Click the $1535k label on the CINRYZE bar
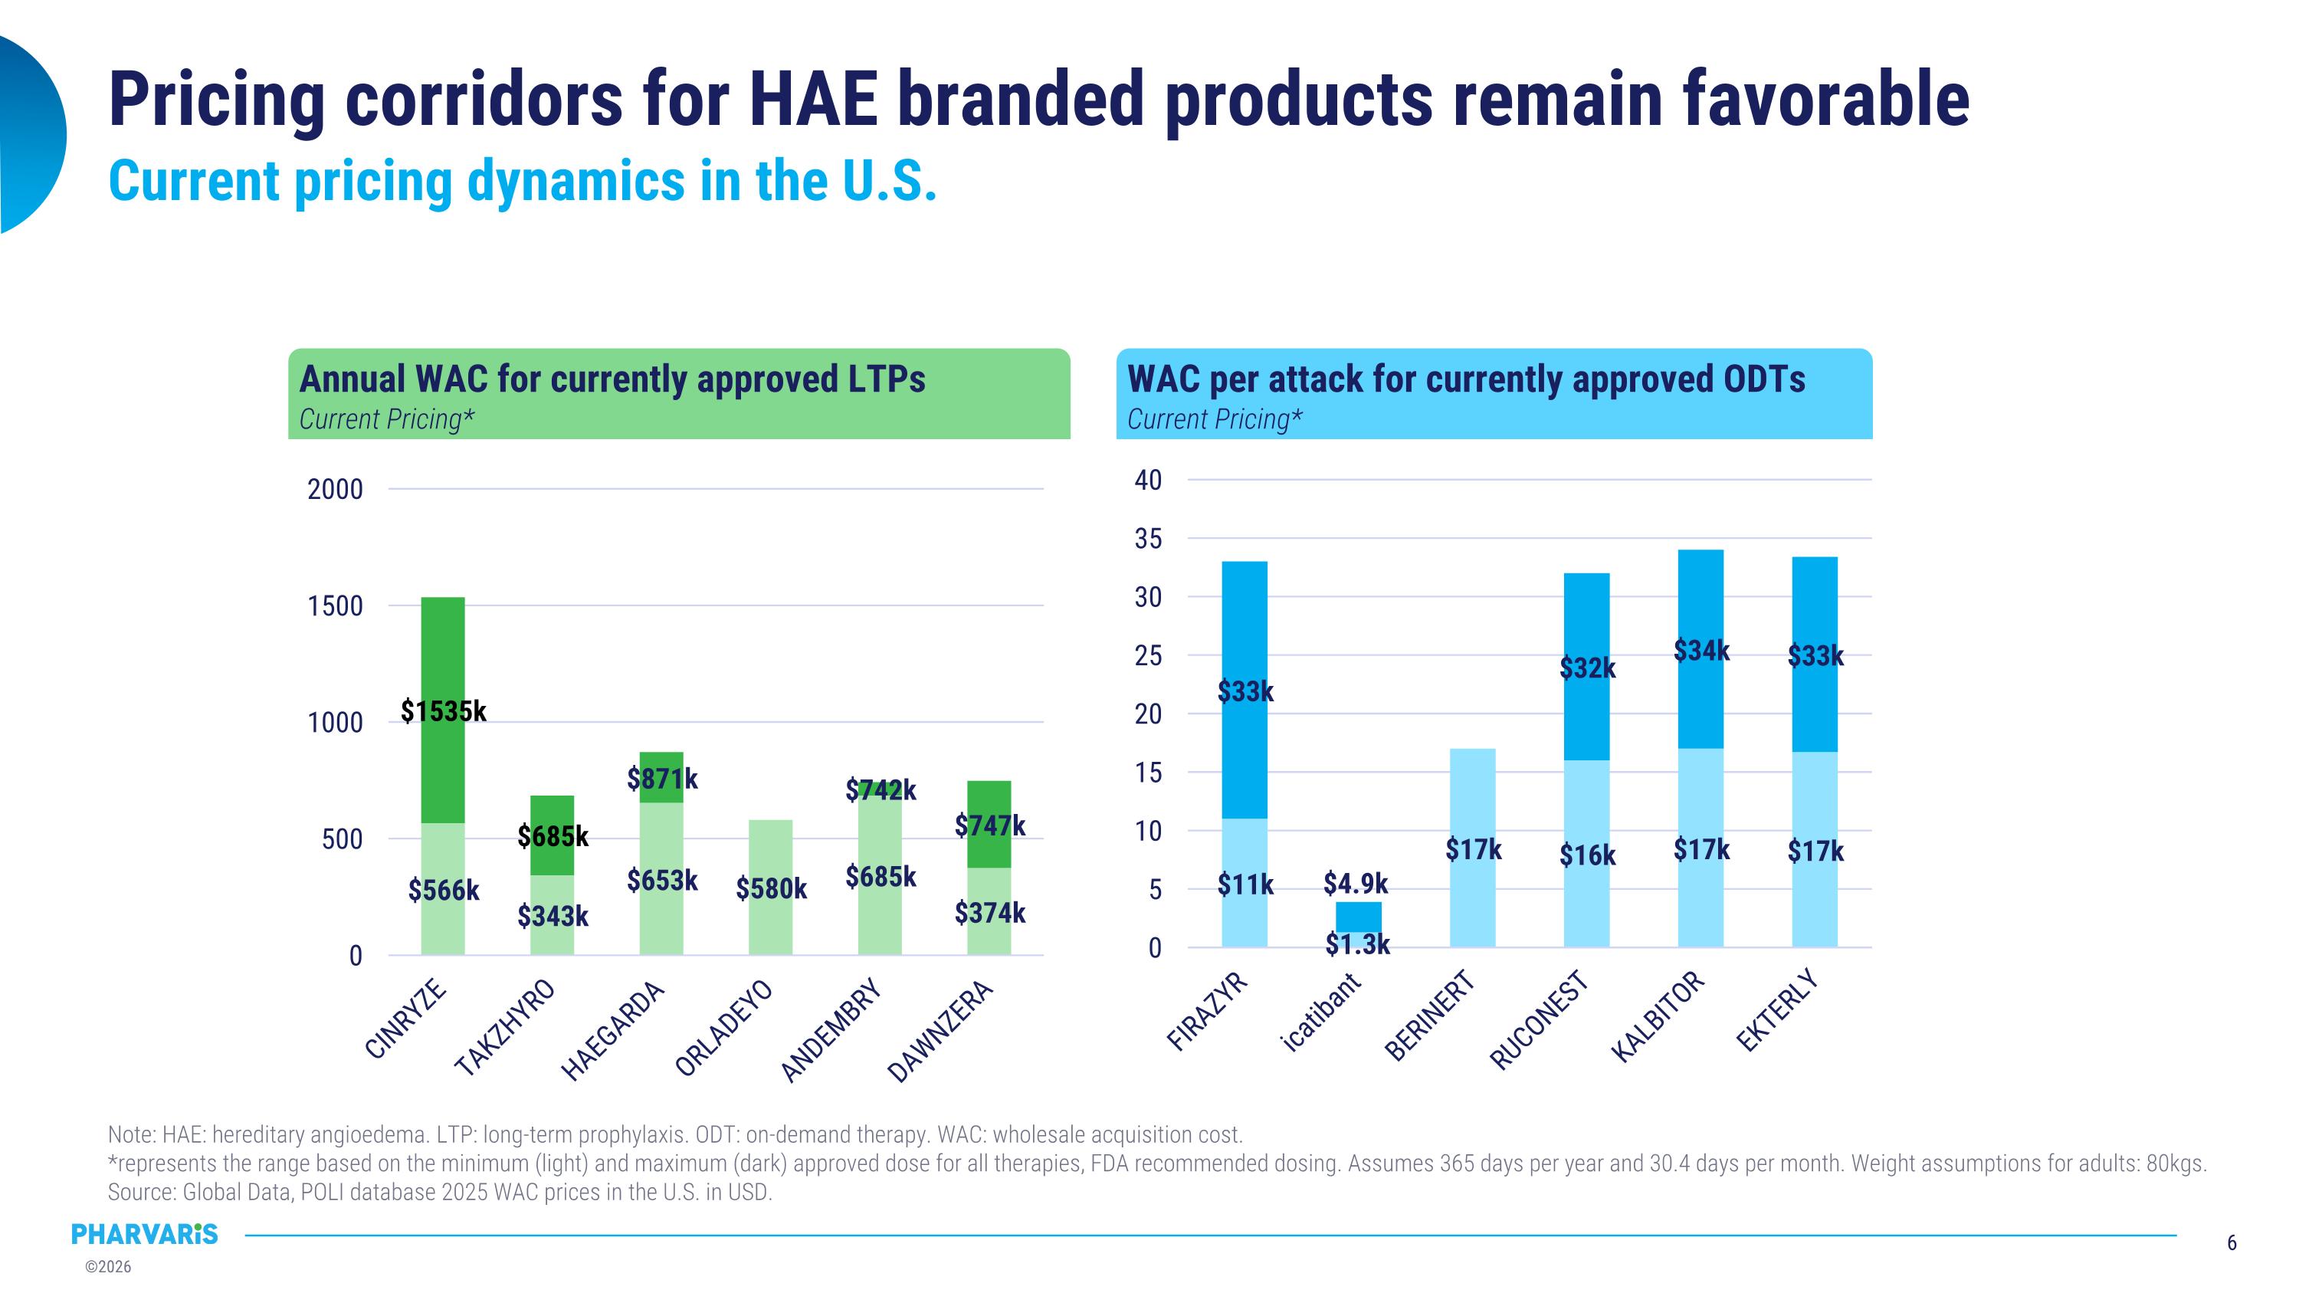[444, 711]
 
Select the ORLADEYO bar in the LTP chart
[770, 857]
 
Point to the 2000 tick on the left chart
[336, 490]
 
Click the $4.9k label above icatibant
[1356, 884]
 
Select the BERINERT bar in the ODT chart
[1473, 892]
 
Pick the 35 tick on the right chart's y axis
[1148, 539]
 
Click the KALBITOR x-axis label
[1658, 1016]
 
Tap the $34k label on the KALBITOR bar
[1701, 651]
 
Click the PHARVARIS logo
[145, 1234]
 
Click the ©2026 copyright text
[108, 1267]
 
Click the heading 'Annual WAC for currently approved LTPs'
[612, 379]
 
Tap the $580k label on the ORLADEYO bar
[771, 889]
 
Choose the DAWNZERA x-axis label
[940, 1032]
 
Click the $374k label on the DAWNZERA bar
[990, 913]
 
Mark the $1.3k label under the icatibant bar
[1357, 945]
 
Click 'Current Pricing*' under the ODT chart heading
[1215, 419]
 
